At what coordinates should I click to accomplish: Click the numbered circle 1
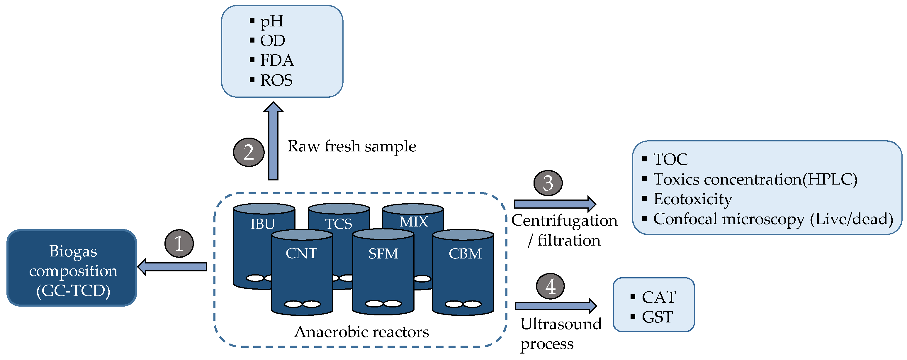pos(179,244)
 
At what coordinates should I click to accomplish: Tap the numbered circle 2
pos(249,152)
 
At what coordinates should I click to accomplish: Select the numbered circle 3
pos(548,183)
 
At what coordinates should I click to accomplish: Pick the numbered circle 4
pos(550,286)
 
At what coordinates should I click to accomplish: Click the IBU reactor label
pos(262,224)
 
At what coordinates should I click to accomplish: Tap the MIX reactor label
pos(414,222)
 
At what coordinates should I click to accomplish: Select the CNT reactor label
pos(301,253)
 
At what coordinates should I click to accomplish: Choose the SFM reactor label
pos(383,253)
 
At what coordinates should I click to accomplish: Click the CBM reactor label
pos(465,253)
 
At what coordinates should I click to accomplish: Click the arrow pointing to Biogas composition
pos(173,267)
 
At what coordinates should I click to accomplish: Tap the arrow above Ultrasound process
pos(556,306)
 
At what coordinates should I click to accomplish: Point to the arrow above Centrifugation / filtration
pos(555,204)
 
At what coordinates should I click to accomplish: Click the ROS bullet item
pos(276,80)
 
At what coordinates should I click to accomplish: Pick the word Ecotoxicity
pos(693,199)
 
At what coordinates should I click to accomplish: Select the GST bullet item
pos(657,317)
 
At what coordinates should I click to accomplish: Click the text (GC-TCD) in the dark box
pos(73,290)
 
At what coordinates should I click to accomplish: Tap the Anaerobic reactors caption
pos(362,332)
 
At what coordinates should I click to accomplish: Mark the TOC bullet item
pos(670,159)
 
